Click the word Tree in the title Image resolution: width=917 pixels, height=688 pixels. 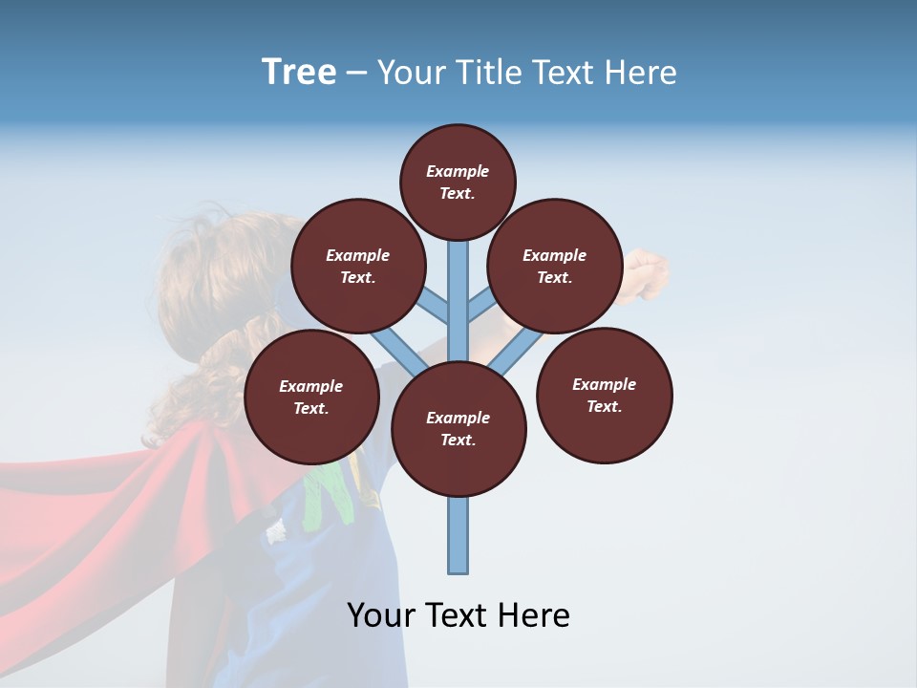tap(299, 73)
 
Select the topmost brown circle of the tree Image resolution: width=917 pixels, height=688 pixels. tap(458, 182)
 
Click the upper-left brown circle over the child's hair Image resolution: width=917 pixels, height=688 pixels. tap(357, 266)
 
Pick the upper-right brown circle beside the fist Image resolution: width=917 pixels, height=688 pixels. tap(555, 266)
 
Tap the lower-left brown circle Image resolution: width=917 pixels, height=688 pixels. tap(311, 397)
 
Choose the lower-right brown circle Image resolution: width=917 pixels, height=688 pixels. tap(604, 395)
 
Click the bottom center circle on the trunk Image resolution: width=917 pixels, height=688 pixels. tap(458, 428)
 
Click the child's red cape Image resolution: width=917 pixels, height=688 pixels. tap(143, 506)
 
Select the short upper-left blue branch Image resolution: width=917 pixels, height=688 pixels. tap(436, 308)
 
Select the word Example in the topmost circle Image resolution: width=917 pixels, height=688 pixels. tap(458, 171)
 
